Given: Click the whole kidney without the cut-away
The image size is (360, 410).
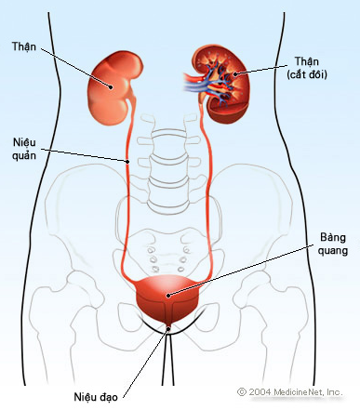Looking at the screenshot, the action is coord(114,88).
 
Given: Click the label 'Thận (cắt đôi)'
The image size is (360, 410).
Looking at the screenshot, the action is coord(307,68).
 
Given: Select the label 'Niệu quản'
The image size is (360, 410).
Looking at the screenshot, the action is coord(24,149).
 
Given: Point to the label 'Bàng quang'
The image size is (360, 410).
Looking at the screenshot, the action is coord(333,244).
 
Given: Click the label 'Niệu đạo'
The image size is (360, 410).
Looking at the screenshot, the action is coord(96,397).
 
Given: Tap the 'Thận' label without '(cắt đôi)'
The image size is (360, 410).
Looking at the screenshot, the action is coord(24,46).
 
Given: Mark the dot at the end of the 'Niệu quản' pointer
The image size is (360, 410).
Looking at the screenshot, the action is coord(127,161).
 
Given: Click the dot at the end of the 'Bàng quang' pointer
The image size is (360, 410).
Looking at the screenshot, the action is coord(168,296).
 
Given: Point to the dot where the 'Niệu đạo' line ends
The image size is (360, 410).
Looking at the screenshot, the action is coord(168,329).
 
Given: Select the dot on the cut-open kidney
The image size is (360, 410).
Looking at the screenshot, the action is coord(235,73).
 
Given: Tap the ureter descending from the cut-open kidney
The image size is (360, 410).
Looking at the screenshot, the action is coord(207,192).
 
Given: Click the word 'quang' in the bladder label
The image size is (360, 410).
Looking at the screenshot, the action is coord(333,250).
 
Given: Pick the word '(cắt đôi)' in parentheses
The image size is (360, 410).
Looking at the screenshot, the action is coord(307,74).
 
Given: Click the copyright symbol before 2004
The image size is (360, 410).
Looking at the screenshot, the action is coord(242,392).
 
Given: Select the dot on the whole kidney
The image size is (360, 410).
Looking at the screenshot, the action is coord(111,87).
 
